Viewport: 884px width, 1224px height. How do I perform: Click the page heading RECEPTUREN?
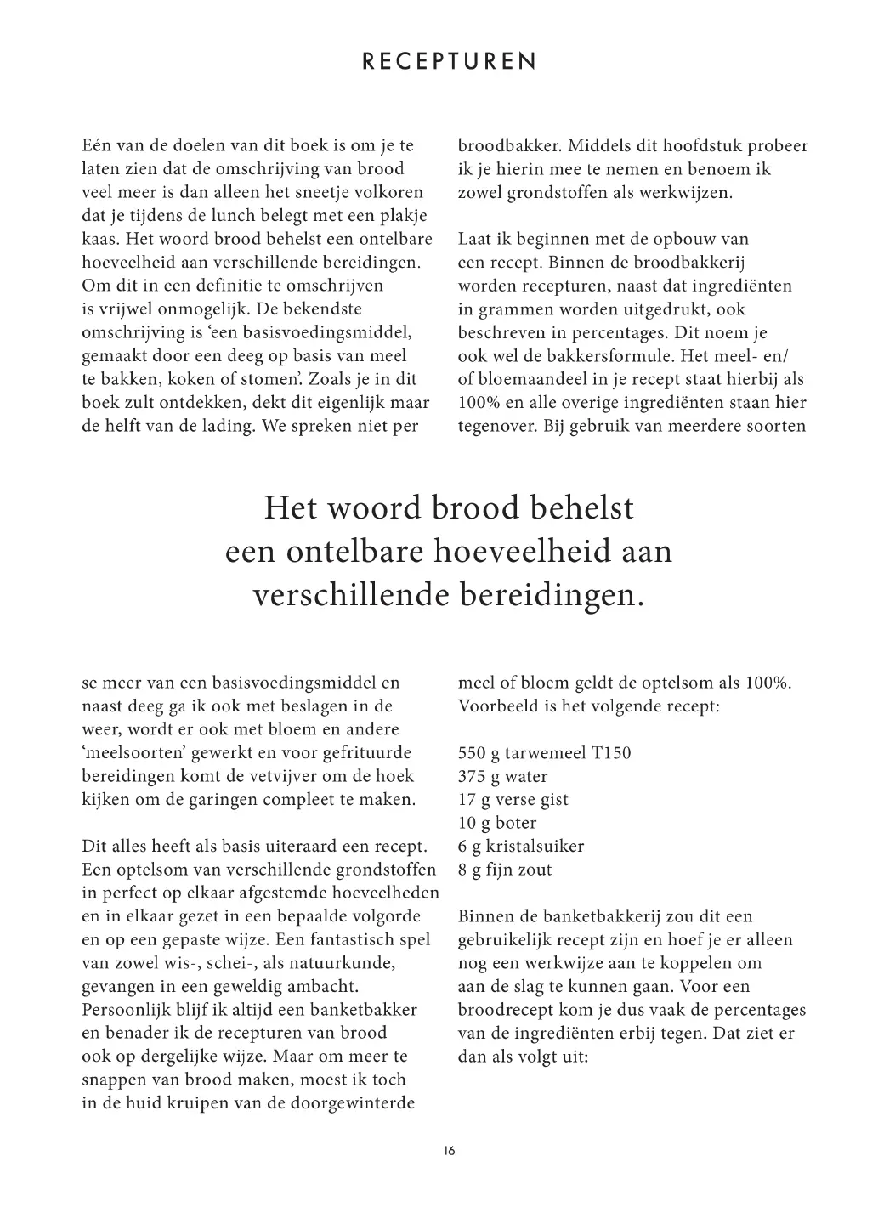pos(449,62)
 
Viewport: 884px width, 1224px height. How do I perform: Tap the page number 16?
pos(449,1151)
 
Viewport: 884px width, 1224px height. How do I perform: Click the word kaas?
pos(99,239)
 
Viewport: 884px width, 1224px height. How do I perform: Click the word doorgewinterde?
pos(360,1103)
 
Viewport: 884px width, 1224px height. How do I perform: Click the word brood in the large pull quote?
pos(482,508)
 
